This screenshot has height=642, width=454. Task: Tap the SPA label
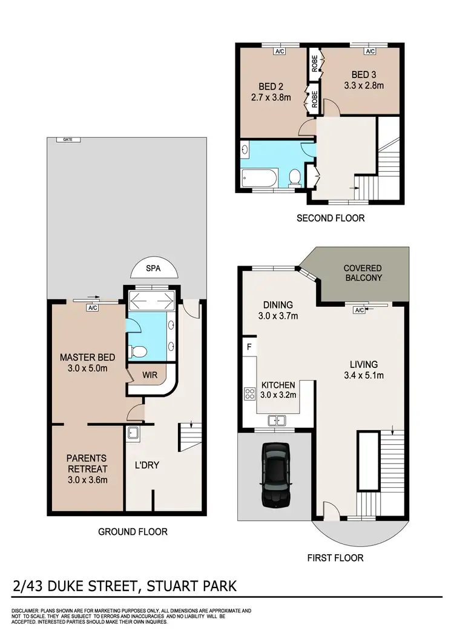coord(154,269)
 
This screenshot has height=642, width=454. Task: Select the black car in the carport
coord(275,475)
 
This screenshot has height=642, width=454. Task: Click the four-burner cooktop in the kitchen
coord(249,395)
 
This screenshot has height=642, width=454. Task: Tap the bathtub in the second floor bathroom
coord(259,179)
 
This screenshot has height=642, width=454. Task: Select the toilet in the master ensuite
coord(139,352)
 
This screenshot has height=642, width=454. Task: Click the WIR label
coord(150,375)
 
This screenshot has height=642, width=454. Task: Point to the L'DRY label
coord(147,467)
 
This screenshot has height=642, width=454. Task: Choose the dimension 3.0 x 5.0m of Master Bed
coord(87,368)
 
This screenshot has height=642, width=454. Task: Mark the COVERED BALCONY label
coord(363,273)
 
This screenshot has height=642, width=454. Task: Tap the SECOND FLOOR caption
coord(331,218)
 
